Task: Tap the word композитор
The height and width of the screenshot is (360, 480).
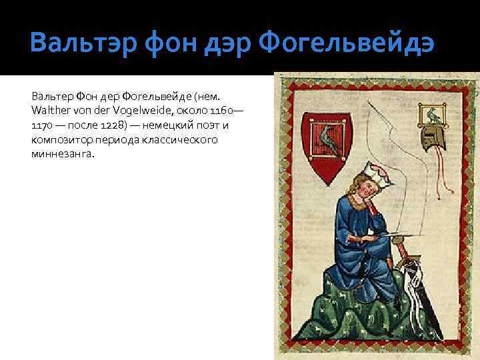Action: coord(59,140)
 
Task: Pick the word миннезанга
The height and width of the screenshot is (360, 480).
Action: coord(63,155)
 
